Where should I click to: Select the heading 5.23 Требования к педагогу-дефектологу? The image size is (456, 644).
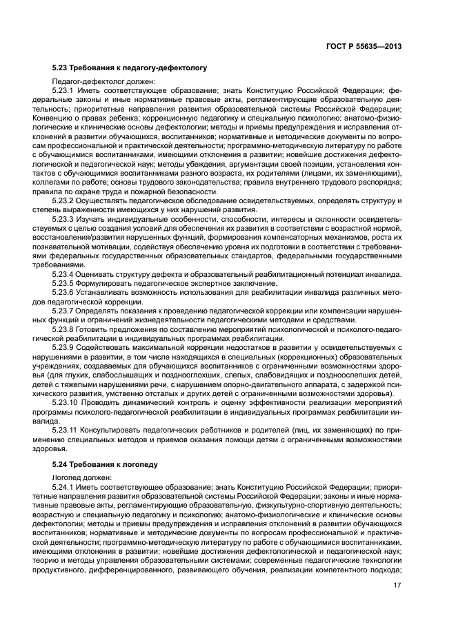[x=129, y=68]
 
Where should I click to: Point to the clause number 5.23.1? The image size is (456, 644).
[x=63, y=90]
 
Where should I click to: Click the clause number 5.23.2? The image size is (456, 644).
[x=63, y=200]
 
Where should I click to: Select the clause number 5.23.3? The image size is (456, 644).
[x=63, y=218]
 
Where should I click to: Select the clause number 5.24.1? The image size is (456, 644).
[x=63, y=486]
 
